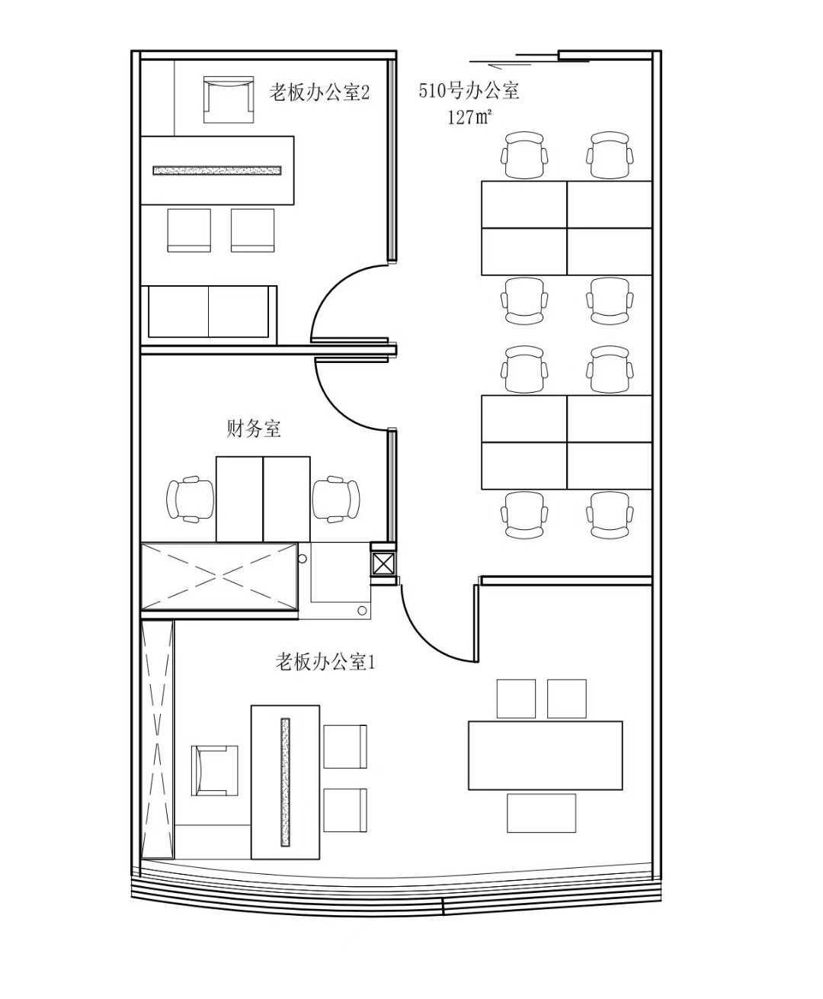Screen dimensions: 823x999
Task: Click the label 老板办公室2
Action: click(319, 92)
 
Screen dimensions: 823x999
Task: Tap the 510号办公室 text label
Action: click(469, 90)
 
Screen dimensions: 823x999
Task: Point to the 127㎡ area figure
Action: click(469, 117)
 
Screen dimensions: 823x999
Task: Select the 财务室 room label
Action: click(254, 429)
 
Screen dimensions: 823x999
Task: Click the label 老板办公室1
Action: click(325, 662)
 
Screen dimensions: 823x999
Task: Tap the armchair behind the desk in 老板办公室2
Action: click(229, 99)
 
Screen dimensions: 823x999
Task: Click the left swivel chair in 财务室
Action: click(191, 499)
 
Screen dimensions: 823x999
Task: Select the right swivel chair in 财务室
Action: click(336, 499)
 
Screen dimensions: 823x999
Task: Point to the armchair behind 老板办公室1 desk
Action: click(215, 770)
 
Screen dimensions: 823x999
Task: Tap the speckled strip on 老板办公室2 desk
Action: click(217, 170)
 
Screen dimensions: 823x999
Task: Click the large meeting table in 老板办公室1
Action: click(545, 756)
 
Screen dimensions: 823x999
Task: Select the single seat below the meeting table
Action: click(541, 814)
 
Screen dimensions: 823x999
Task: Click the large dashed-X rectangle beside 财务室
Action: click(219, 577)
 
